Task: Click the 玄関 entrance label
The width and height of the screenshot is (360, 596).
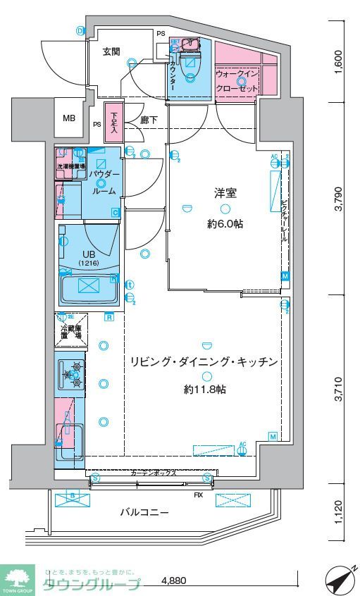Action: click(111, 51)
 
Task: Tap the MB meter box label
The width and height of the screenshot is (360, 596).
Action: click(68, 118)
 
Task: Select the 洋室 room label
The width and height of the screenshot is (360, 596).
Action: click(225, 192)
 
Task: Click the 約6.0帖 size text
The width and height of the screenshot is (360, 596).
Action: click(224, 225)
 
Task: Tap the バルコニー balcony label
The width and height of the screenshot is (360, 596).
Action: click(143, 513)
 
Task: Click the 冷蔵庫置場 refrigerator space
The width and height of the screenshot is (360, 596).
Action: click(70, 332)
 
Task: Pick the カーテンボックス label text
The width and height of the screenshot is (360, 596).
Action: click(153, 474)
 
